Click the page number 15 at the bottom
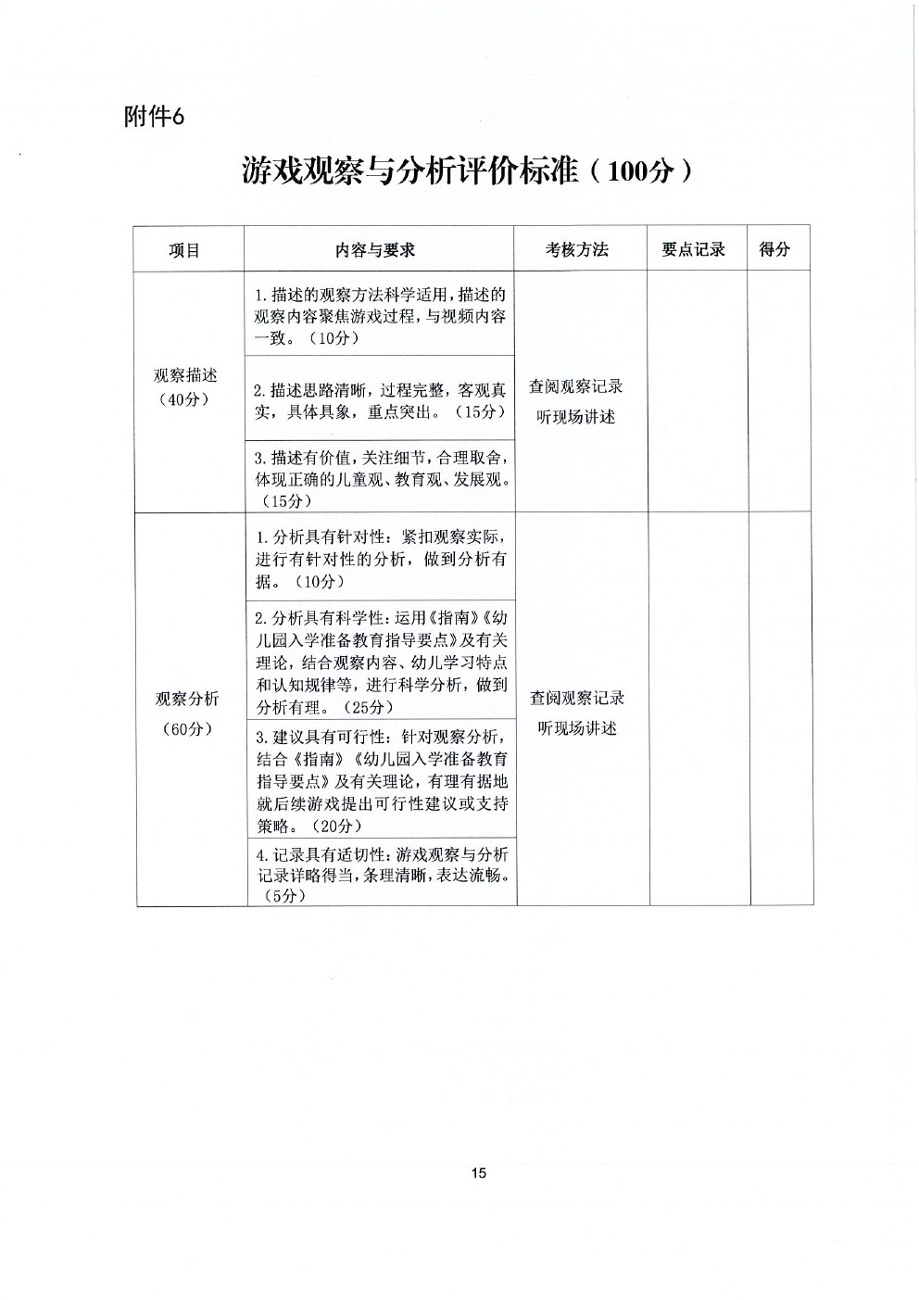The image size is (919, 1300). (478, 1173)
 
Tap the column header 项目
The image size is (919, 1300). (184, 250)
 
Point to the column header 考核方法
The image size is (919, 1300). (577, 249)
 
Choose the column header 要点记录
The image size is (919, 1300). (693, 249)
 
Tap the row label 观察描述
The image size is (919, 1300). (185, 375)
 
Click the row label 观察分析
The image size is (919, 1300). (187, 699)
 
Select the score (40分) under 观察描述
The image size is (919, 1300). (184, 399)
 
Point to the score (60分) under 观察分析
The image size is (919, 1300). (187, 728)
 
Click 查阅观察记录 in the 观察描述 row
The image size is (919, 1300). (575, 386)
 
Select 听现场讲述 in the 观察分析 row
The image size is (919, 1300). (577, 728)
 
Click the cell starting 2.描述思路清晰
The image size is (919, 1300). (380, 400)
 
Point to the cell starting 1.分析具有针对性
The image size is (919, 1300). (381, 559)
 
